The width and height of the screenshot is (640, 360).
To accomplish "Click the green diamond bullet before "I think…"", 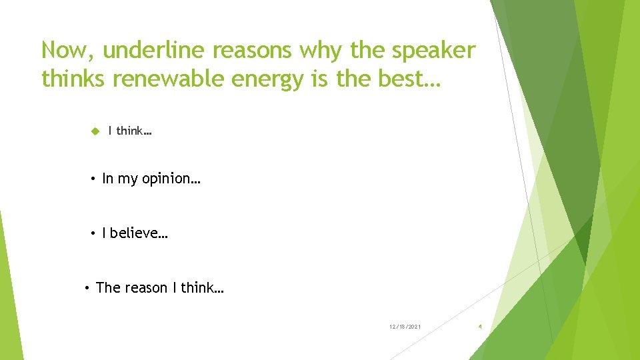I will tap(95, 131).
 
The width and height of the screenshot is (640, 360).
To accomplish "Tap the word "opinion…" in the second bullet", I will tap(171, 179).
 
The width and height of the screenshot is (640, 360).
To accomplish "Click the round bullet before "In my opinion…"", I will tap(94, 179).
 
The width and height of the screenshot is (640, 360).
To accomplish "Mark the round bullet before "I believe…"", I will tap(94, 233).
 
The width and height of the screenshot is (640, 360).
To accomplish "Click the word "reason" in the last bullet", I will tap(146, 288).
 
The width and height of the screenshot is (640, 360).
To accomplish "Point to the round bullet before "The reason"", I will tap(88, 287).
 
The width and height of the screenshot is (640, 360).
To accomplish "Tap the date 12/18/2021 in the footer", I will tap(405, 327).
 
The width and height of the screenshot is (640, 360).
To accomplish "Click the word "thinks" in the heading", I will tap(74, 79).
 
